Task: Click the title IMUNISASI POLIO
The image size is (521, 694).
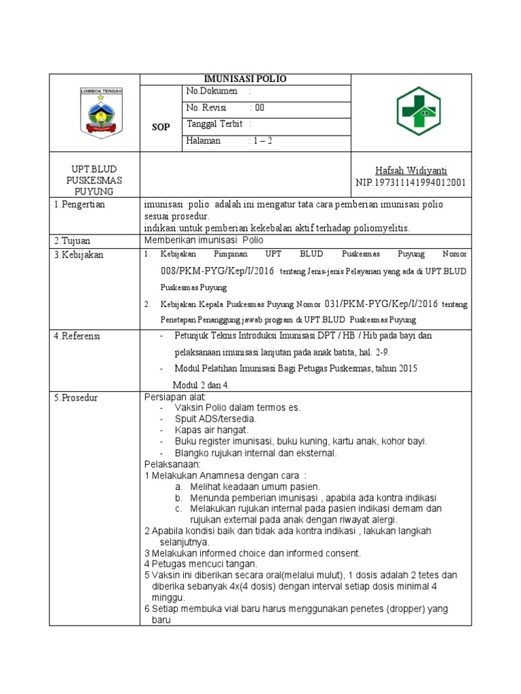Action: coord(246,79)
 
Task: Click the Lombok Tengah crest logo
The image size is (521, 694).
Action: coord(101,112)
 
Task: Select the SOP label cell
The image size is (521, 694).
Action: coord(160,127)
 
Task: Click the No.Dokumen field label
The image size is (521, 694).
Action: coord(212,91)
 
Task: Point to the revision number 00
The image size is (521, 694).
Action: coord(260,108)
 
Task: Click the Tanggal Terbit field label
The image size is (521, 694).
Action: coord(216,124)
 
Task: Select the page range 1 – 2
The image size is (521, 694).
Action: coord(263,141)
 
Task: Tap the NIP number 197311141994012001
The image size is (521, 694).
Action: coord(411,183)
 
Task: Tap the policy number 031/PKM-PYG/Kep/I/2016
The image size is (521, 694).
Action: coord(381,304)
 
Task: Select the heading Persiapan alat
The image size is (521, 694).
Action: coord(175,396)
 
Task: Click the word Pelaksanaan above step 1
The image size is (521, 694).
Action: coord(172,464)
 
